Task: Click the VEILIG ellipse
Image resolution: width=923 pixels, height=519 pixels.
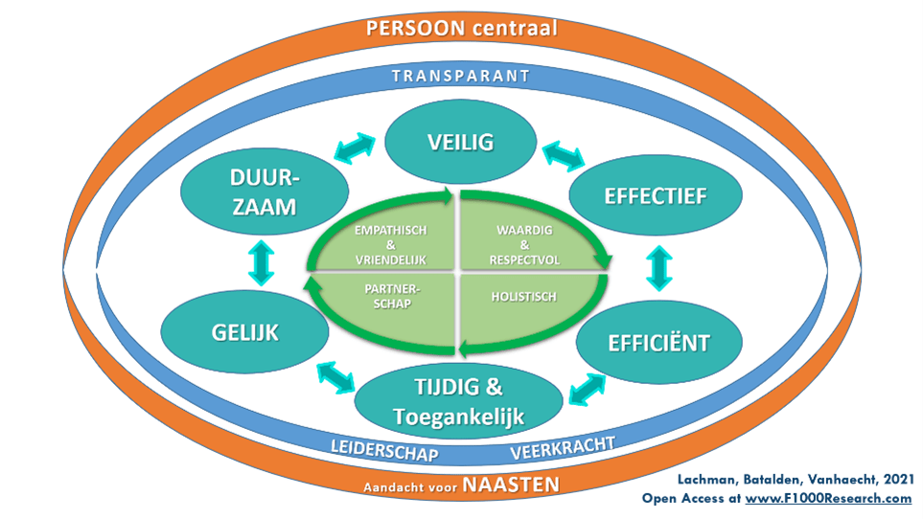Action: coord(461,143)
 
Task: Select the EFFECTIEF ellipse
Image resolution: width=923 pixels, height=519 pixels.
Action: coord(656,196)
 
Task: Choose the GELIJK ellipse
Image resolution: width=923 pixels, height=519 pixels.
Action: coord(245,333)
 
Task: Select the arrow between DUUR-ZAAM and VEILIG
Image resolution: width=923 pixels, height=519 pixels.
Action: coord(357,148)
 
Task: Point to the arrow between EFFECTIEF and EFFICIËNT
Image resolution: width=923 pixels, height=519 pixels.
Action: coord(659,269)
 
